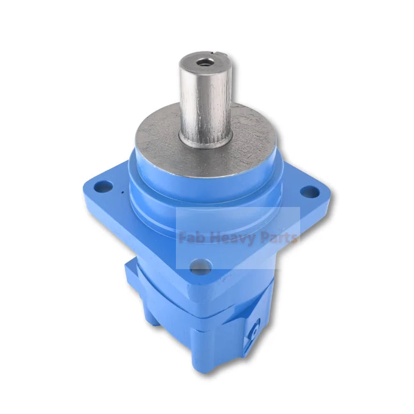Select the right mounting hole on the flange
309,192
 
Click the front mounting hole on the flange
201,268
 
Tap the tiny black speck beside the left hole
122,194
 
